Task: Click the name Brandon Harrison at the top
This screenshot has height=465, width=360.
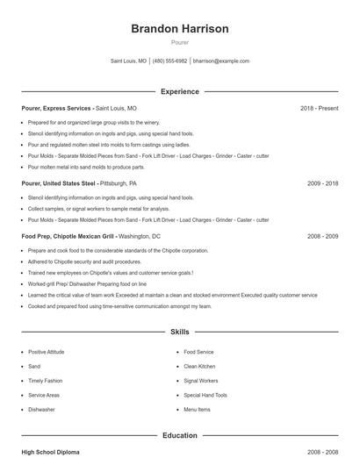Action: (x=179, y=29)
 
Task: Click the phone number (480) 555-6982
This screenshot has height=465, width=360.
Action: (x=169, y=61)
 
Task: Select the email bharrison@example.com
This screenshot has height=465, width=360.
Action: (x=221, y=61)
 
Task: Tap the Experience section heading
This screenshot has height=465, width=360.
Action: (x=179, y=91)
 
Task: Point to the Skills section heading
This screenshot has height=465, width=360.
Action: (x=179, y=333)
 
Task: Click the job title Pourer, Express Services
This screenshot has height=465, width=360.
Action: (x=56, y=108)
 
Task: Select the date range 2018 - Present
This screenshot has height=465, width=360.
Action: (x=319, y=108)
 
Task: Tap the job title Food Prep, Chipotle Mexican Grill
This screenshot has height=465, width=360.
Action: (x=68, y=236)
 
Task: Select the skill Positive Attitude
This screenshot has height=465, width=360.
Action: (x=47, y=352)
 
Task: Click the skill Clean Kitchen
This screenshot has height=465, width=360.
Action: (x=199, y=366)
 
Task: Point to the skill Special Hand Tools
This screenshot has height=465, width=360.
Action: (x=205, y=395)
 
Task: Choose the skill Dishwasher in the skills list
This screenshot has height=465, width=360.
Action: (x=41, y=409)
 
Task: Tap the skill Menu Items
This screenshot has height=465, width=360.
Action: (x=197, y=409)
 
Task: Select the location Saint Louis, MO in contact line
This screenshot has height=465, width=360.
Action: (x=128, y=61)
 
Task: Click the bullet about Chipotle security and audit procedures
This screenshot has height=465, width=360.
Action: (x=84, y=261)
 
